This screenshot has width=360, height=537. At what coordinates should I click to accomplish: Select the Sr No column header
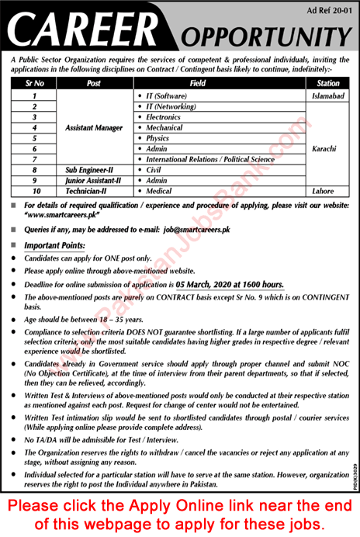pyautogui.click(x=35, y=82)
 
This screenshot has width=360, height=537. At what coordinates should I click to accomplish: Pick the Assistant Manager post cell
pyautogui.click(x=95, y=126)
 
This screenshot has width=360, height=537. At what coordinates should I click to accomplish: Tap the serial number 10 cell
pyautogui.click(x=35, y=191)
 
